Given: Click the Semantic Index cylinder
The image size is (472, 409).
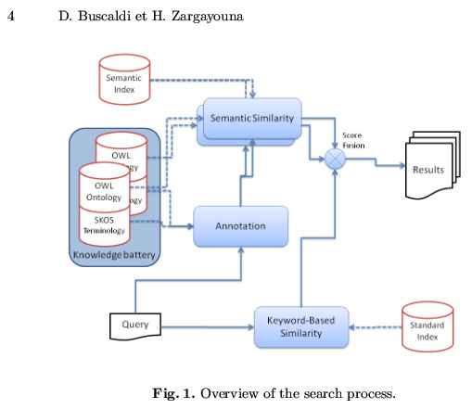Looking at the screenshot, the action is coord(124,80).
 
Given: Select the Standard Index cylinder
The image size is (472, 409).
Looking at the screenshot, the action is coord(427,326).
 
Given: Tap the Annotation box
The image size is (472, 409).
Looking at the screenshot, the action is coord(241,226).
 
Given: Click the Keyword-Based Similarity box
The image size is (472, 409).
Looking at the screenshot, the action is coord(301,327).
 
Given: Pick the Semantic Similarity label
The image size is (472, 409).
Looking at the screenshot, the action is coord(252,118).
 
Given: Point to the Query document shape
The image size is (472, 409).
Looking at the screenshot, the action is coord(135,326).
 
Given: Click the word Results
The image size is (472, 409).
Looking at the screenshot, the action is coord(428,170).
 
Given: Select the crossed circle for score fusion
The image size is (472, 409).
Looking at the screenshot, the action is coord(335,159).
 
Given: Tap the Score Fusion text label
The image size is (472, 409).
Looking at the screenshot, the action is coord(353,140).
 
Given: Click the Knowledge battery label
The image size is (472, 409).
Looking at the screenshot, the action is coord(114,255).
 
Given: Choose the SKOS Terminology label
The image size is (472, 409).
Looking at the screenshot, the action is coord(104,225).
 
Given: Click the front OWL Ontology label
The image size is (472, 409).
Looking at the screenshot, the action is coord(104,192).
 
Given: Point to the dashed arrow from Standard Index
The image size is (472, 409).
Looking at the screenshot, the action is coord(376,327).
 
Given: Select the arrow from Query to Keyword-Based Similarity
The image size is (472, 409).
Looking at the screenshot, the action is coord(208,327).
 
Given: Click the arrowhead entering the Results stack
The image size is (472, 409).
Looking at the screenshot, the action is coord(402,165).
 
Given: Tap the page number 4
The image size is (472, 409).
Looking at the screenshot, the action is coord(11,16).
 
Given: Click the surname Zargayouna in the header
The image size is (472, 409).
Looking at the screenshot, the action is coord(208,17).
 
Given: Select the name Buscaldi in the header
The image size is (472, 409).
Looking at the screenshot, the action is coord(104,16).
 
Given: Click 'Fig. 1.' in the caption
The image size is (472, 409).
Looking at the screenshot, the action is coord(173,393).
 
